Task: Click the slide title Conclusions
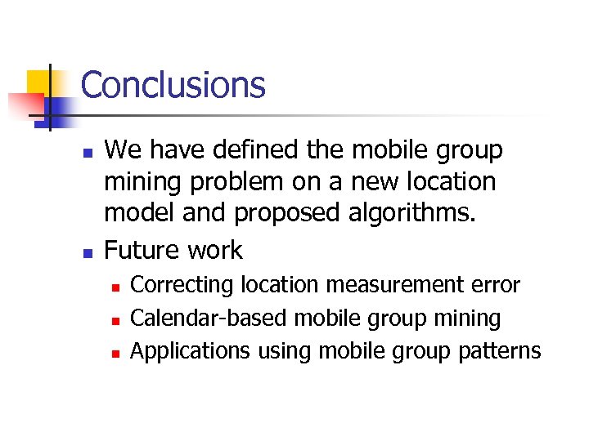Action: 173,85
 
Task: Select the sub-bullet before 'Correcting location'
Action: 116,287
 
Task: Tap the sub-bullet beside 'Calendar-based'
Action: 116,320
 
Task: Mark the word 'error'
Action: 493,285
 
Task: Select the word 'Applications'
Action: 191,351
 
